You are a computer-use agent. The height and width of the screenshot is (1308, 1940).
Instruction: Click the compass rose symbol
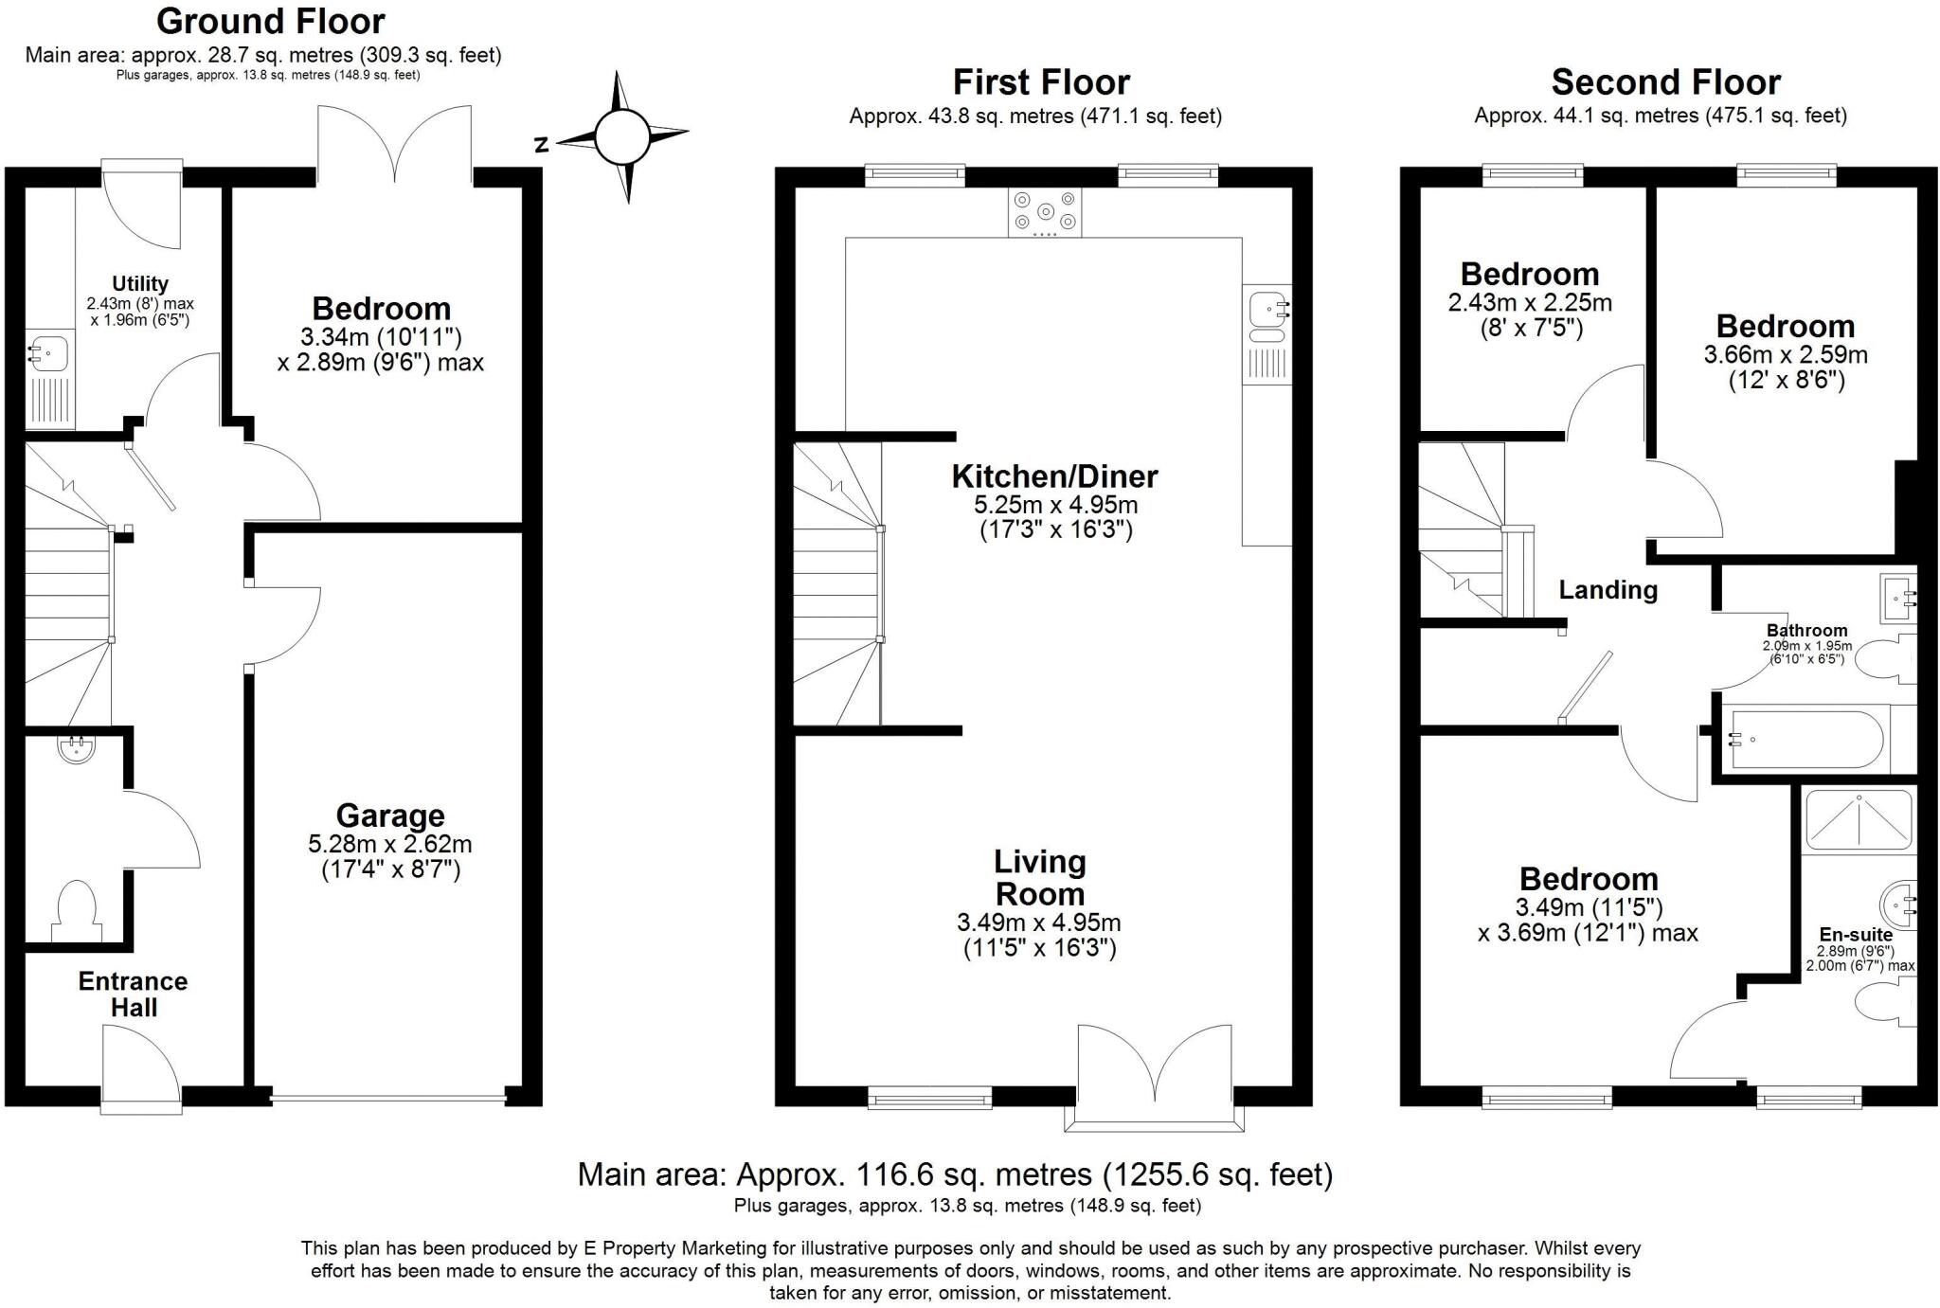click(622, 138)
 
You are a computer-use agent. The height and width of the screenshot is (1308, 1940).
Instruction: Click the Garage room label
click(389, 815)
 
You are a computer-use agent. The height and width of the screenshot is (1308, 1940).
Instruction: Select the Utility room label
click(140, 283)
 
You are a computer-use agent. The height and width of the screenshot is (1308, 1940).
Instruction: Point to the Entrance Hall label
click(133, 994)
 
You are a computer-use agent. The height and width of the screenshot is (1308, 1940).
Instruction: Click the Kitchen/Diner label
click(1054, 476)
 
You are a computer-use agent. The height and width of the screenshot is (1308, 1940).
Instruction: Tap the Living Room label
click(1039, 878)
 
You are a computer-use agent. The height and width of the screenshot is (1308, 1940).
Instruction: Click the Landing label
click(1608, 590)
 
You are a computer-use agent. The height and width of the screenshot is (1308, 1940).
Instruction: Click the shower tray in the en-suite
click(1858, 819)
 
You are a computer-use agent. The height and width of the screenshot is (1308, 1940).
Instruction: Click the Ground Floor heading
click(270, 21)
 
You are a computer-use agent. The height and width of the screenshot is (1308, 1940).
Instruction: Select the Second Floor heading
click(1665, 82)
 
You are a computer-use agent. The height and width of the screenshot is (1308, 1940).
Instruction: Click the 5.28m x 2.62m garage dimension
click(389, 844)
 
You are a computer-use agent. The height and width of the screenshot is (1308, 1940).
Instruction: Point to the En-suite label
click(1855, 934)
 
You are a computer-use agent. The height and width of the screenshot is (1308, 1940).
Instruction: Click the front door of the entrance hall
click(141, 1070)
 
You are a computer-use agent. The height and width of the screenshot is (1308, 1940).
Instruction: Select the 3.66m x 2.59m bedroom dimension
click(1785, 355)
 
